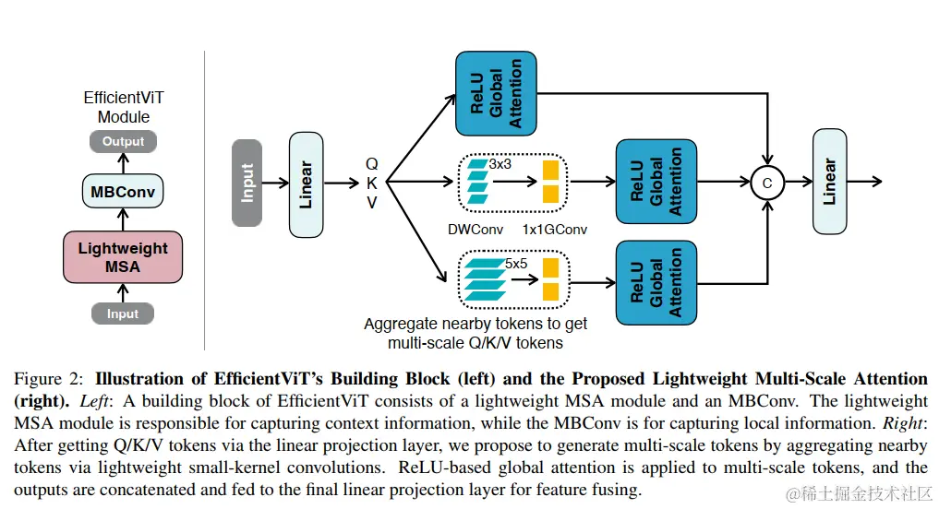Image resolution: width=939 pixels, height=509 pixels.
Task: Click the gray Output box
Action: (123, 142)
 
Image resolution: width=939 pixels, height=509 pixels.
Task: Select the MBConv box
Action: (123, 192)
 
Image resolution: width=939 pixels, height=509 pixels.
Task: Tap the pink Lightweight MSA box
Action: (123, 257)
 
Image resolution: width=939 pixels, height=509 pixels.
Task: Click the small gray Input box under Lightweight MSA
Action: (123, 314)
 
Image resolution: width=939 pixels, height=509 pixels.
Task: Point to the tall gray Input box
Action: (247, 183)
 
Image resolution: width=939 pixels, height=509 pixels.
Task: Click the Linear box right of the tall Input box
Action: (306, 184)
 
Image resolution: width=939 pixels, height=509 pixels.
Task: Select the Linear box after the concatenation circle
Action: (829, 182)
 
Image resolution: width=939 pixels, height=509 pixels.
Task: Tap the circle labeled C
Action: (767, 183)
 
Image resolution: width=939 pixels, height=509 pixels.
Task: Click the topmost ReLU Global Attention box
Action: (496, 93)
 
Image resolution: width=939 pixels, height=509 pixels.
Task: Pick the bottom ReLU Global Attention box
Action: (656, 283)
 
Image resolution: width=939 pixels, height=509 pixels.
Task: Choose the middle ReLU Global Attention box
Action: (656, 182)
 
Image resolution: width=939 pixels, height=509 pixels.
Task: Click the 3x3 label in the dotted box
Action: (500, 164)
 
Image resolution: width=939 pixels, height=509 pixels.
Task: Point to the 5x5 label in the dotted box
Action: (515, 263)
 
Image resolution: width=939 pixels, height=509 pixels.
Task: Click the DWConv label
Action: (476, 230)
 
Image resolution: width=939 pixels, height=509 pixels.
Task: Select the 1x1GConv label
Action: (555, 230)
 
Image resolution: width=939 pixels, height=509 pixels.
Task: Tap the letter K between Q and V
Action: (372, 183)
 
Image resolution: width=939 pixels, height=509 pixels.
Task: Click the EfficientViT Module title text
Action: (124, 107)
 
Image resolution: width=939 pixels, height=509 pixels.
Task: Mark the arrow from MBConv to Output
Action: (124, 163)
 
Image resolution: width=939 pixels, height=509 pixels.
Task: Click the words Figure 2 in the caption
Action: (49, 379)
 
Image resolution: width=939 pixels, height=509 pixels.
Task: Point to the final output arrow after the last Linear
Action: (864, 182)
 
